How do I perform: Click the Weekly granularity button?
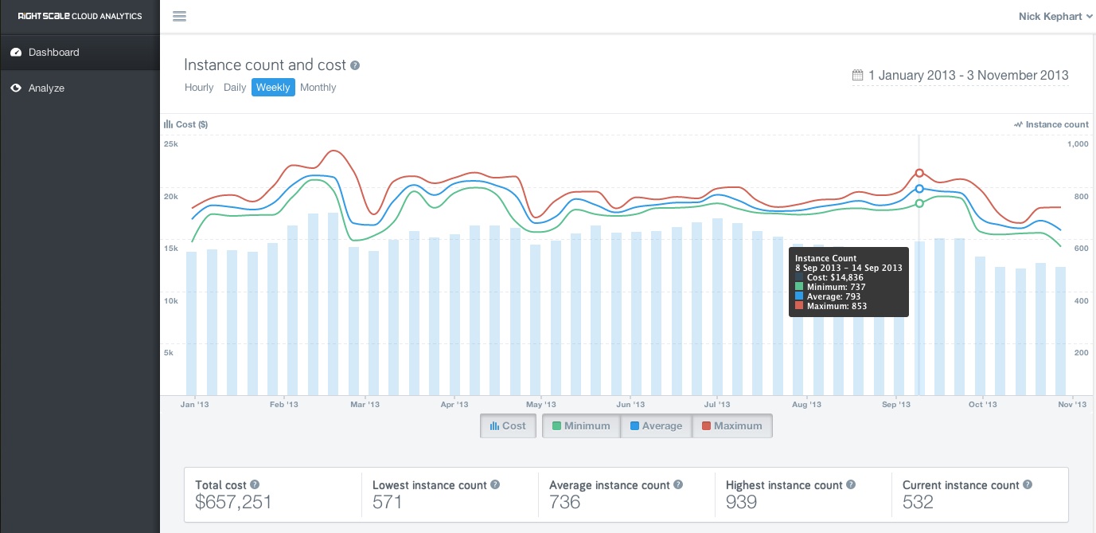273,87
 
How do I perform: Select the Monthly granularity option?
318,87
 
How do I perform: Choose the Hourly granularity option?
199,87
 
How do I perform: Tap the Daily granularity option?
234,87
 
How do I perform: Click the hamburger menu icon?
180,16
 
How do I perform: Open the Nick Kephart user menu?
1055,16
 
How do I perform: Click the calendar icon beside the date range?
857,75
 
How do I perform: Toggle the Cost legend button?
508,425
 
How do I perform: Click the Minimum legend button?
581,425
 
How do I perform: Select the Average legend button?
656,425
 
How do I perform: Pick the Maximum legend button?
732,425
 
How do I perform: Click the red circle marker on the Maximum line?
919,173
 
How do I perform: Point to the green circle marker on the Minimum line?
919,203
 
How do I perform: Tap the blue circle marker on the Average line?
919,189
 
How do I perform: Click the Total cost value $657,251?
233,502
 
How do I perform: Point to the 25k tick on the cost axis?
171,144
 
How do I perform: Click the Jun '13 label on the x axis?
630,404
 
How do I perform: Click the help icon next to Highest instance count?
851,484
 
